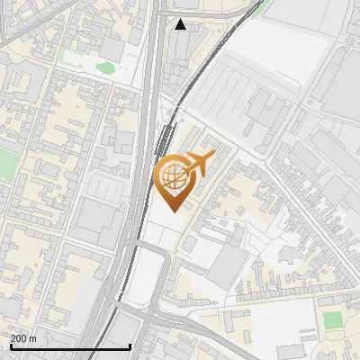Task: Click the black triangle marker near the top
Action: (181, 24)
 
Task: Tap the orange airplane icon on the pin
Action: (199, 163)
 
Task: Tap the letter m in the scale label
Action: (33, 338)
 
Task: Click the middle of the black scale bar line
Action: (70, 346)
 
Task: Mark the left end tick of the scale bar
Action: (10, 345)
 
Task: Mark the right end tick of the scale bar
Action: (130, 345)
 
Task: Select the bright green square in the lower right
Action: (333, 320)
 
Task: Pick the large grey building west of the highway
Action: (94, 220)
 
